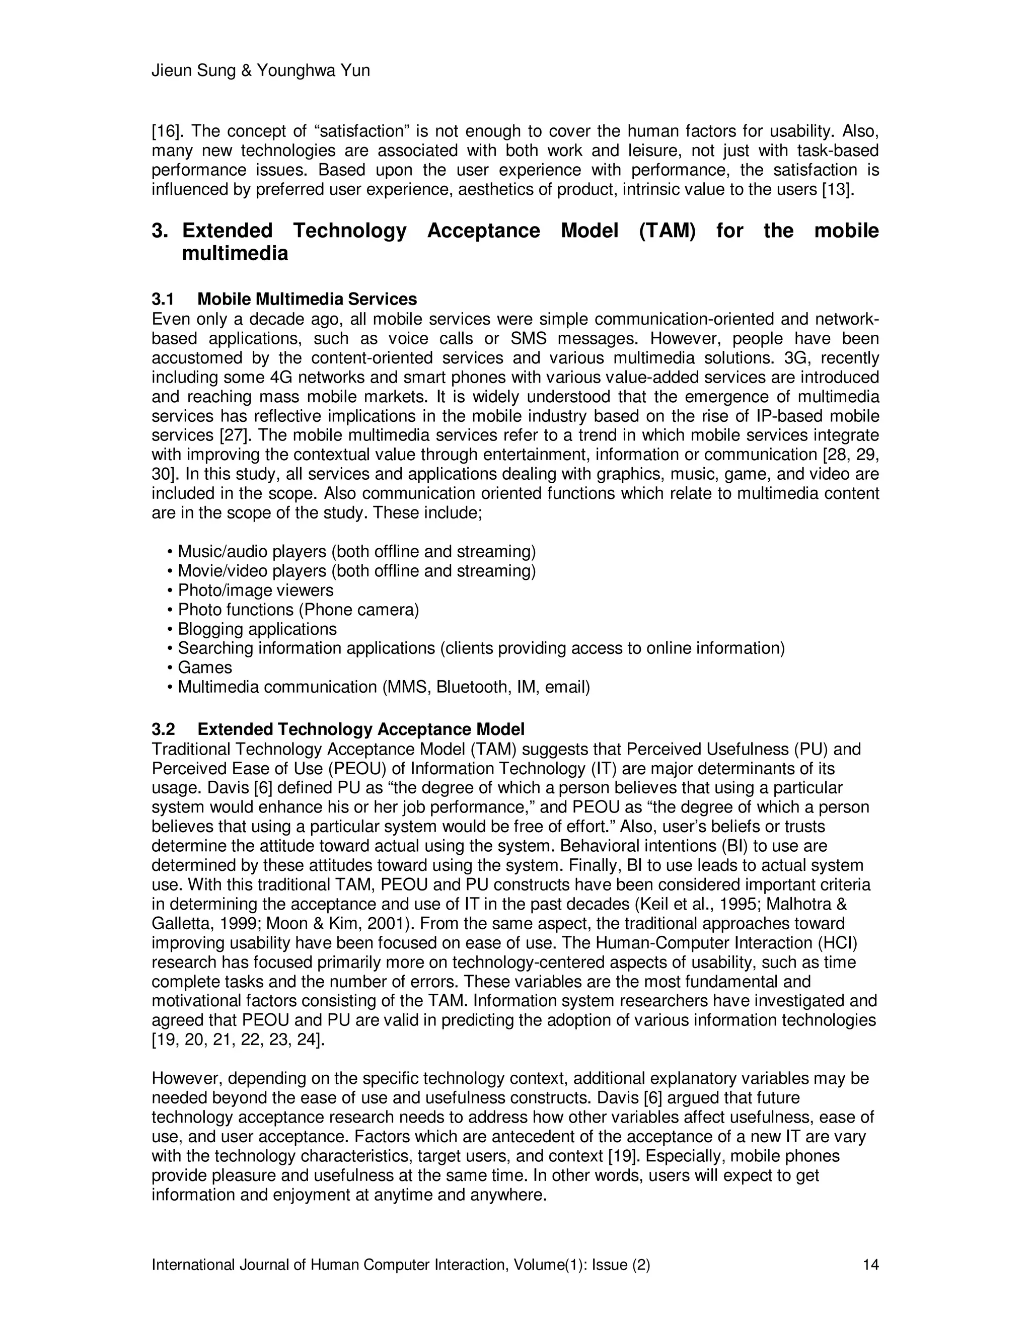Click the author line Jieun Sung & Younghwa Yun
coord(260,71)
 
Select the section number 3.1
coord(163,300)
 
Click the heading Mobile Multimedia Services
coord(307,300)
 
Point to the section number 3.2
coord(163,729)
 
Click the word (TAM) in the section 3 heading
coord(667,231)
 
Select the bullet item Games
coord(204,668)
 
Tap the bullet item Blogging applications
coord(257,629)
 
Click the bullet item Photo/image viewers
coord(255,590)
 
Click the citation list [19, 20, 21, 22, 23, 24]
coord(238,1040)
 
